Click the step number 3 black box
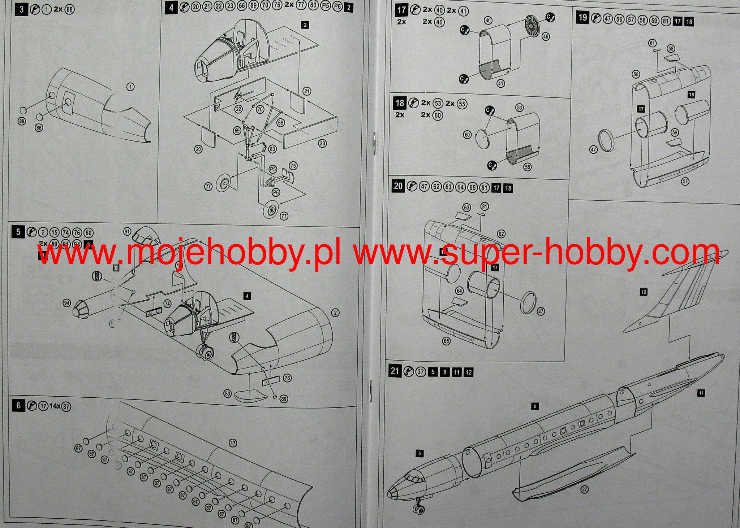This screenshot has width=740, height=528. (x=21, y=9)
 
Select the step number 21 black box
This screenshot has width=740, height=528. (x=395, y=371)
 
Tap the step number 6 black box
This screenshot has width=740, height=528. (x=18, y=406)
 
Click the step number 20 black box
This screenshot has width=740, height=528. (x=398, y=186)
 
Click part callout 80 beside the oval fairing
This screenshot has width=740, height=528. (x=227, y=394)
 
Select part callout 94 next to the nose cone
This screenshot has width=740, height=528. (x=66, y=303)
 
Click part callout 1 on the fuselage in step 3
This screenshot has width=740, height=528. (x=131, y=87)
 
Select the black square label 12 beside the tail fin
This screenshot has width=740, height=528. (x=644, y=292)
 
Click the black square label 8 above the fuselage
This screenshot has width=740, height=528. (x=535, y=406)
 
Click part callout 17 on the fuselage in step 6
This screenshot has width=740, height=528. (x=232, y=443)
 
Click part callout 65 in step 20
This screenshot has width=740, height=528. (x=446, y=341)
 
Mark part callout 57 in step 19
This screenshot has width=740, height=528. (x=685, y=182)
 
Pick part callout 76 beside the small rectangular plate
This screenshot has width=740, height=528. (x=287, y=378)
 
